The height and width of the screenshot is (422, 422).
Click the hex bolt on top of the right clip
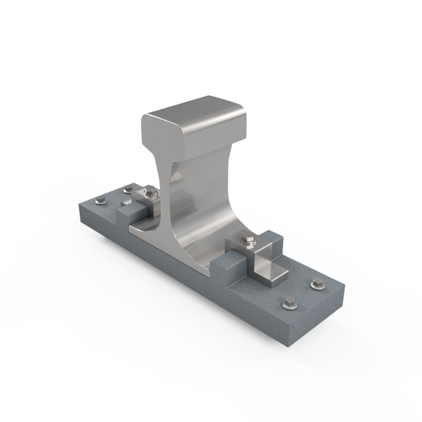pos(248,241)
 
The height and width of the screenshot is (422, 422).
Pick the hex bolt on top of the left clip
pos(150,192)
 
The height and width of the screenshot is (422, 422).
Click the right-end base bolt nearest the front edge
pos(289,304)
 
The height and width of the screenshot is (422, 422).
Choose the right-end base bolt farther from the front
pos(317,284)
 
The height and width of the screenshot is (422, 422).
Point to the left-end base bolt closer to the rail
pos(128,190)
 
